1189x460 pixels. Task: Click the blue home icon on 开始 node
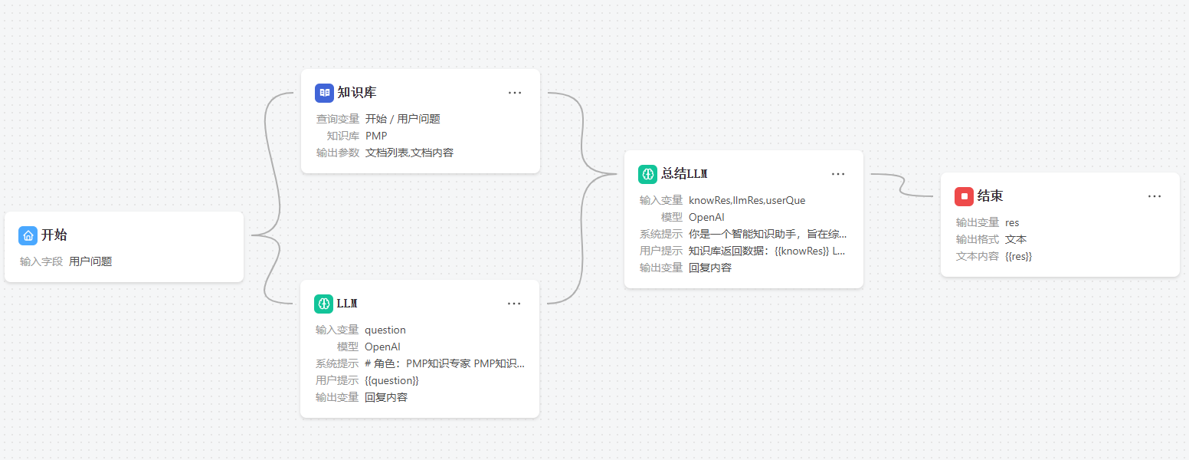tap(28, 235)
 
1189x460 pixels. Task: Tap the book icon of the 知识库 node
tap(325, 93)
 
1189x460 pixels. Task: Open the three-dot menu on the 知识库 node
tap(515, 93)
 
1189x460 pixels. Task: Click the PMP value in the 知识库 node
tap(376, 136)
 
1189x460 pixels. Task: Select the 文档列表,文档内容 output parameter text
tap(409, 153)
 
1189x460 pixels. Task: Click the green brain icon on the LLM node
tap(323, 304)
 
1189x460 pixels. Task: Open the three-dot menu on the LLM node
tap(514, 304)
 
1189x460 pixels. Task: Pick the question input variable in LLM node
tap(385, 330)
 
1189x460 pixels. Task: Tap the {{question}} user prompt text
tap(391, 380)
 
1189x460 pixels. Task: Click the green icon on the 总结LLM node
tap(647, 174)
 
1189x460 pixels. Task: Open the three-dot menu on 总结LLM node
tap(838, 174)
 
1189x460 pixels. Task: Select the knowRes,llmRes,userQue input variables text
tap(747, 200)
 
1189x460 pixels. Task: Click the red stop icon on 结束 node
tap(964, 196)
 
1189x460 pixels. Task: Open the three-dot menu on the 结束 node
tap(1155, 196)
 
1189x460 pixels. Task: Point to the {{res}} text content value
tap(1018, 256)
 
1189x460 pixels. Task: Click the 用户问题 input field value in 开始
tap(90, 261)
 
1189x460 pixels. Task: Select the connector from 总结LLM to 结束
tap(902, 185)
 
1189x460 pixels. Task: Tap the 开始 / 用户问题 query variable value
tap(403, 119)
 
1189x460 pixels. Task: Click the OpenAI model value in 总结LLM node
tap(706, 217)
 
